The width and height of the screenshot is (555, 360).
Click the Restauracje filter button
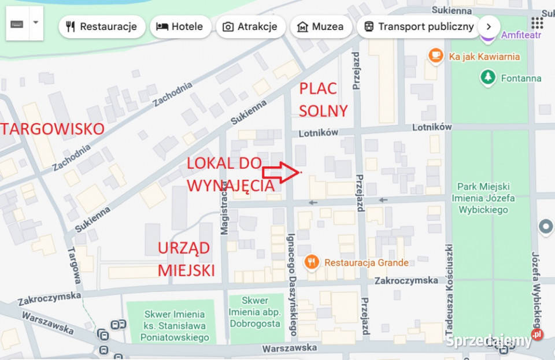pyautogui.click(x=102, y=27)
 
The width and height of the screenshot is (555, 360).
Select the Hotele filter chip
pyautogui.click(x=179, y=27)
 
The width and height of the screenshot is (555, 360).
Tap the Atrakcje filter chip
pyautogui.click(x=250, y=27)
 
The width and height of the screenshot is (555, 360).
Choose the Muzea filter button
pyautogui.click(x=320, y=27)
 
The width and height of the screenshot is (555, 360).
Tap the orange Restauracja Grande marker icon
pyautogui.click(x=312, y=262)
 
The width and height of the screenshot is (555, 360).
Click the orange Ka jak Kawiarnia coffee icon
pyautogui.click(x=435, y=56)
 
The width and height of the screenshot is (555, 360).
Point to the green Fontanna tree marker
pyautogui.click(x=489, y=77)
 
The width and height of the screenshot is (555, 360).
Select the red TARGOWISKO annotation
pyautogui.click(x=52, y=128)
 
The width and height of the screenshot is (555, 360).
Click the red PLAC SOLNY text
pyautogui.click(x=323, y=99)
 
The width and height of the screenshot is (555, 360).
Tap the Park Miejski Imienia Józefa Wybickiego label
pyautogui.click(x=483, y=198)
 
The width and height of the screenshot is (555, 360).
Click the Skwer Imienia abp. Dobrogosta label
pyautogui.click(x=255, y=312)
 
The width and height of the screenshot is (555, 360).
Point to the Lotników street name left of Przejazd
pyautogui.click(x=318, y=132)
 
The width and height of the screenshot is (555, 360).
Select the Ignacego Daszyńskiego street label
pyautogui.click(x=292, y=283)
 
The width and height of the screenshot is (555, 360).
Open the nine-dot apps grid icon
pyautogui.click(x=537, y=23)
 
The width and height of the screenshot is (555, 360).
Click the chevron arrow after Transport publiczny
pyautogui.click(x=489, y=27)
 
